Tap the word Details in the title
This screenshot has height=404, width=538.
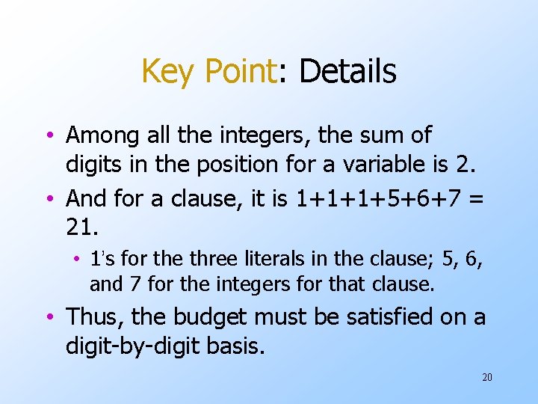pyautogui.click(x=347, y=72)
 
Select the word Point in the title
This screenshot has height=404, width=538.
pyautogui.click(x=240, y=72)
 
